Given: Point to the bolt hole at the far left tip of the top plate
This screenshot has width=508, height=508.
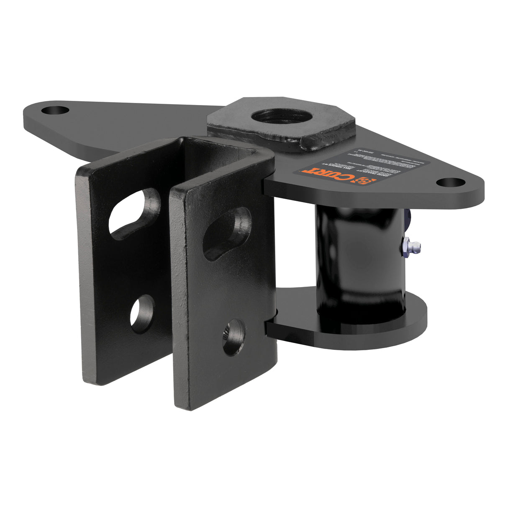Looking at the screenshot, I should (55, 111).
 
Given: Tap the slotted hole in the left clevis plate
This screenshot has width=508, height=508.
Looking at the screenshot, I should (135, 213).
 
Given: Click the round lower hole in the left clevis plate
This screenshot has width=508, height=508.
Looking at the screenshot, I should (142, 313).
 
